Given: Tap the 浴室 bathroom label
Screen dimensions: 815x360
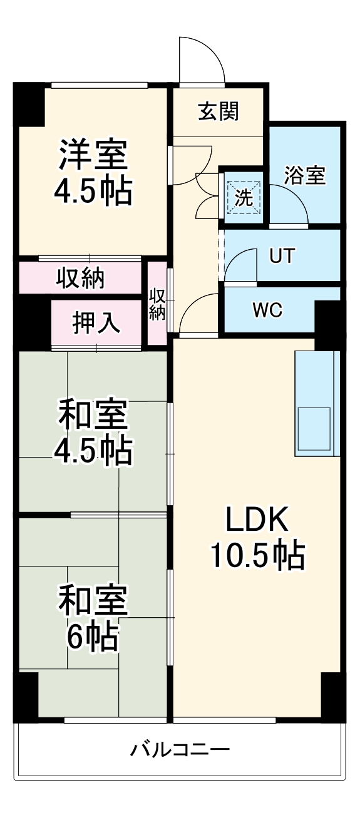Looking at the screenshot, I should [x=304, y=175].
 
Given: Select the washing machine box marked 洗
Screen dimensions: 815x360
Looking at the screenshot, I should [x=244, y=198].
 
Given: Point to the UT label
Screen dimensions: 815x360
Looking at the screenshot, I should [x=281, y=256].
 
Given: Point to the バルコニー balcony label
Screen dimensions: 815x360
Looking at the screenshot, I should [x=180, y=749].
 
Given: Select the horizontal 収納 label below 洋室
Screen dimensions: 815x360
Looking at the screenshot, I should [x=81, y=278].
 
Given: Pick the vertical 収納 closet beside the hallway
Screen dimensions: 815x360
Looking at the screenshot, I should [x=157, y=304].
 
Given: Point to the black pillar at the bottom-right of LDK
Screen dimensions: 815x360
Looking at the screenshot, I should [x=332, y=695].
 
